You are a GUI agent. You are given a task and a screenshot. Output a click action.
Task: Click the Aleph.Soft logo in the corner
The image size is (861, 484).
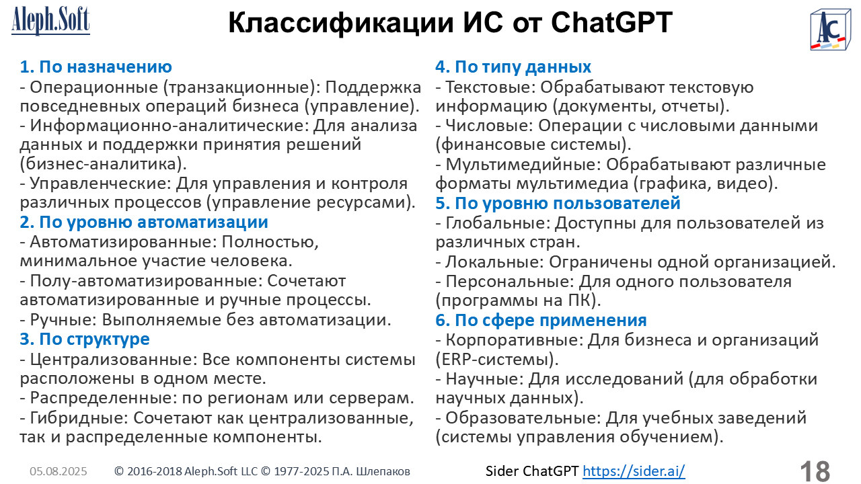50,21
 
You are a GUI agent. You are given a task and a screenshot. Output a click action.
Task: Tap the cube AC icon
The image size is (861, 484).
831,30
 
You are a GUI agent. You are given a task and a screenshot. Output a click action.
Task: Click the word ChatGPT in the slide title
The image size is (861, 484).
611,23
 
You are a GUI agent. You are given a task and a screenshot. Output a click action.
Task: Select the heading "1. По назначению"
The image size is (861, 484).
96,67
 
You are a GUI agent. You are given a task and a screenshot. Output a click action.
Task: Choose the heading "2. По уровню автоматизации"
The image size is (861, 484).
144,223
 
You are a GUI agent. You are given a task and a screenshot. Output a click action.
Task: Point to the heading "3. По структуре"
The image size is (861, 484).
85,339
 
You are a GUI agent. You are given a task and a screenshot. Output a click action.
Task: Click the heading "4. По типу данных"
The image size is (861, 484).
513,67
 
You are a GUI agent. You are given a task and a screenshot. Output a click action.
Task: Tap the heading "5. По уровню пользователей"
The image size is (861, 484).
558,203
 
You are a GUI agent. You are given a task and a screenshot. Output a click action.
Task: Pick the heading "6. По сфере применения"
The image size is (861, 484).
541,320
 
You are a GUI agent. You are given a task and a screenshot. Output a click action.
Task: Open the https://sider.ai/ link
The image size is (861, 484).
634,471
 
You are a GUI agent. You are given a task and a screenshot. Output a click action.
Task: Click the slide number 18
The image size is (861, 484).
815,471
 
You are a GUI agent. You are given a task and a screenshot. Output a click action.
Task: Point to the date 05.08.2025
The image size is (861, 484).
59,471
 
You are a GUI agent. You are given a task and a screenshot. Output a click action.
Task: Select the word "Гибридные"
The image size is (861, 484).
79,418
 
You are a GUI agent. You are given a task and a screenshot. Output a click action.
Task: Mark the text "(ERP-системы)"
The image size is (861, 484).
497,360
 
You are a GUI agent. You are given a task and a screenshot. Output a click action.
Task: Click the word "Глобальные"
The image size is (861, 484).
497,223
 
